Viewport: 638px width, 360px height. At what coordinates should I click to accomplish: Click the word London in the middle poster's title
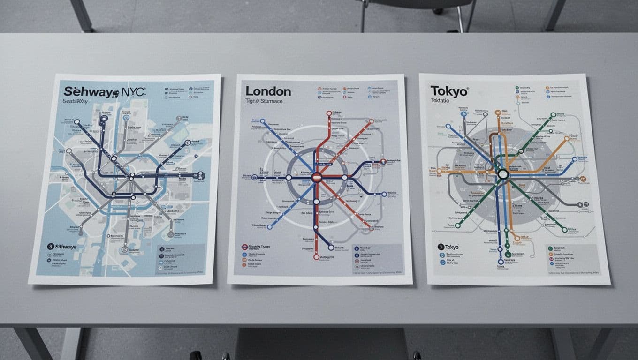click(x=268, y=91)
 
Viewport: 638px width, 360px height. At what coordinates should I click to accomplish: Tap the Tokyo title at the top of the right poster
click(x=449, y=91)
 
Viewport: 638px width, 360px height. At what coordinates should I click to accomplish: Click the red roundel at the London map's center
click(x=317, y=177)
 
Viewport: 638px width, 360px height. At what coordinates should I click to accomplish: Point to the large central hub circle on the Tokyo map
click(x=503, y=174)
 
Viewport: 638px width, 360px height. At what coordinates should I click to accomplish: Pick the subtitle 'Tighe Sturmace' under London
click(x=264, y=101)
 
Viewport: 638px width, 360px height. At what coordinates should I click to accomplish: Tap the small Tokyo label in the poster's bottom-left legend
click(x=451, y=247)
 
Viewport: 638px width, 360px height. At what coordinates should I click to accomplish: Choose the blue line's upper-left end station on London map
click(x=262, y=121)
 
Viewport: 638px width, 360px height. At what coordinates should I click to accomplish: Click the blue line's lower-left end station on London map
click(x=270, y=227)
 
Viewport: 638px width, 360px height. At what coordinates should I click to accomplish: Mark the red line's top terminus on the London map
click(x=329, y=113)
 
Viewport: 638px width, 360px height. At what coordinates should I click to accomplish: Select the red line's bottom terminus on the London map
click(x=316, y=257)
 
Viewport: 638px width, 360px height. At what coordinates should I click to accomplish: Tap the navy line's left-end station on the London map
click(x=255, y=178)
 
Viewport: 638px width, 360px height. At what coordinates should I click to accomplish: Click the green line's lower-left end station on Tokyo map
click(x=457, y=225)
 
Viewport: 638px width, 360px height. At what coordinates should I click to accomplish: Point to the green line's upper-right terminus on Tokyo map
click(x=553, y=114)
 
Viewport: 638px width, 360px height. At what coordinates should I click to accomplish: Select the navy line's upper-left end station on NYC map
click(x=76, y=122)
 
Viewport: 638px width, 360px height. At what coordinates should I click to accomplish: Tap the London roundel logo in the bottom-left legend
click(x=244, y=246)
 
